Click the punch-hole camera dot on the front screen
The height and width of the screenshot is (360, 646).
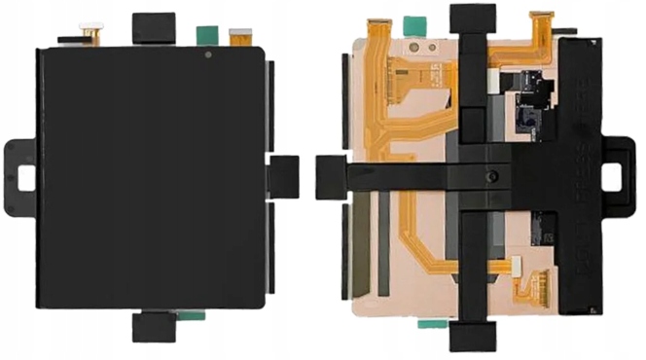(x=208, y=56)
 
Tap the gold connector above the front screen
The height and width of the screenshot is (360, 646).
(x=92, y=34)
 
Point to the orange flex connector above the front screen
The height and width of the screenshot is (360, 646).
(x=236, y=37)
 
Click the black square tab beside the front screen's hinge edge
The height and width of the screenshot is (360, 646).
(x=282, y=174)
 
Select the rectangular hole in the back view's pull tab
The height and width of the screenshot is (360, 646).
(x=619, y=177)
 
